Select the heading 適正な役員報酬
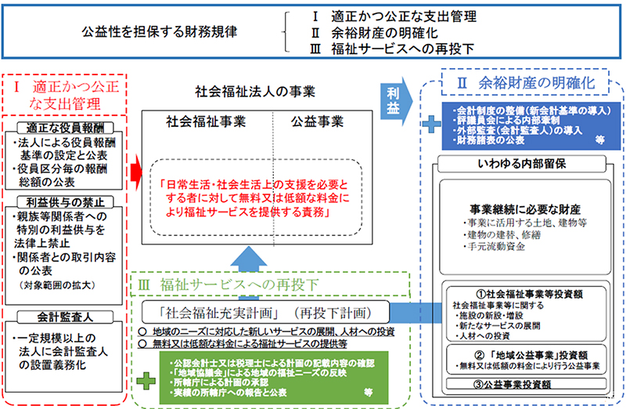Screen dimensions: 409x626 tap(64, 127)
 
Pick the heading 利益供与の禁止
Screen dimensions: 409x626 tap(64, 202)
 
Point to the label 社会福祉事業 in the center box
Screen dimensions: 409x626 tap(206, 122)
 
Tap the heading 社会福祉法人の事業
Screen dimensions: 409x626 tap(254, 91)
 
